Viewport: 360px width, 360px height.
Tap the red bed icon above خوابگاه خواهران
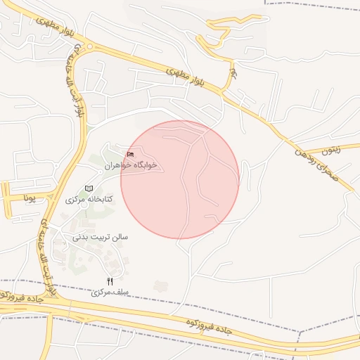(x=129, y=154)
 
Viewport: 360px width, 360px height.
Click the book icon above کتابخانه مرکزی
(x=89, y=188)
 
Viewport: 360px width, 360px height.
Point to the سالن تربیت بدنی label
(x=100, y=237)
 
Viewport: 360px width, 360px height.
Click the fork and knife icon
(x=110, y=281)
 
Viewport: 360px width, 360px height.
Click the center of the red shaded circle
(x=180, y=179)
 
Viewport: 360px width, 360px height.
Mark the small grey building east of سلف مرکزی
(x=161, y=285)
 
